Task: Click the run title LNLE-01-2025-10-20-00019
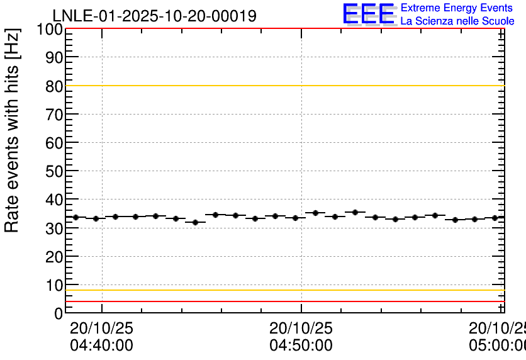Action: click(154, 16)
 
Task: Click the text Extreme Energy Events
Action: click(457, 8)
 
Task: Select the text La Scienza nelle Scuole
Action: click(457, 21)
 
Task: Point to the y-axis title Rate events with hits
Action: click(13, 130)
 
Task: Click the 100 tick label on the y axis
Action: click(50, 30)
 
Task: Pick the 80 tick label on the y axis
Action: click(54, 86)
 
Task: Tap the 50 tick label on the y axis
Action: click(54, 171)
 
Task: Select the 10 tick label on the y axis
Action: click(54, 285)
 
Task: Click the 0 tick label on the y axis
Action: click(59, 313)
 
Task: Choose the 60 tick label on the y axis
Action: click(54, 143)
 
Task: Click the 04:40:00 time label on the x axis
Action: click(101, 346)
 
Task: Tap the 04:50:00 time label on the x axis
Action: click(301, 346)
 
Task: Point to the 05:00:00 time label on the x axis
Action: click(497, 346)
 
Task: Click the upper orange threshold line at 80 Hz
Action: click(283, 86)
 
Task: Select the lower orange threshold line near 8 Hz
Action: click(283, 290)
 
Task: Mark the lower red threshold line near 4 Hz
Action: click(283, 301)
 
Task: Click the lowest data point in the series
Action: click(196, 222)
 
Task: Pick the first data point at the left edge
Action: click(76, 217)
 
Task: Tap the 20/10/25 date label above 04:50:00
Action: click(301, 329)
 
